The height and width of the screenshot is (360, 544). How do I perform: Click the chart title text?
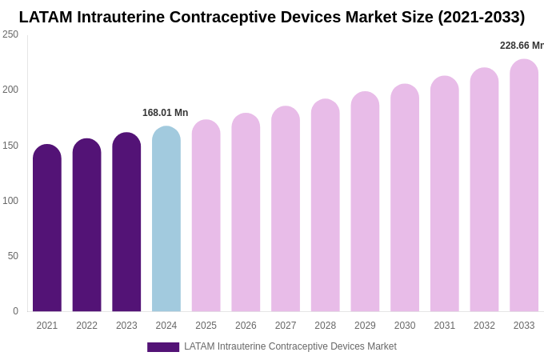(272, 17)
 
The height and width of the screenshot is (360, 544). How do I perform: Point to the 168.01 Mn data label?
(166, 113)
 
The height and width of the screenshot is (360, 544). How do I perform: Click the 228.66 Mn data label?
(522, 46)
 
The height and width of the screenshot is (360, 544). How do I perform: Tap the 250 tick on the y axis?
(10, 34)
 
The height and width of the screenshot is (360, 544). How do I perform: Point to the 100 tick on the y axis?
(10, 201)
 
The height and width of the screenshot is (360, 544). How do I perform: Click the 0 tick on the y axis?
(15, 311)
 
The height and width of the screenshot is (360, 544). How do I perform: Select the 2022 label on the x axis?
(86, 326)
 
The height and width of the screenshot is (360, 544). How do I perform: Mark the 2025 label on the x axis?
(206, 326)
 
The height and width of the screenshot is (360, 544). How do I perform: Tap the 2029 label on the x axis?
(365, 326)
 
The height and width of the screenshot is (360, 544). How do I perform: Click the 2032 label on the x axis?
(484, 326)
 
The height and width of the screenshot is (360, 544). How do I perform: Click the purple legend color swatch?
(163, 347)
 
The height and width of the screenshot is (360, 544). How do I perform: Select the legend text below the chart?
(290, 346)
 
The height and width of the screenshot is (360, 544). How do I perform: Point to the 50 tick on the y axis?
(13, 256)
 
